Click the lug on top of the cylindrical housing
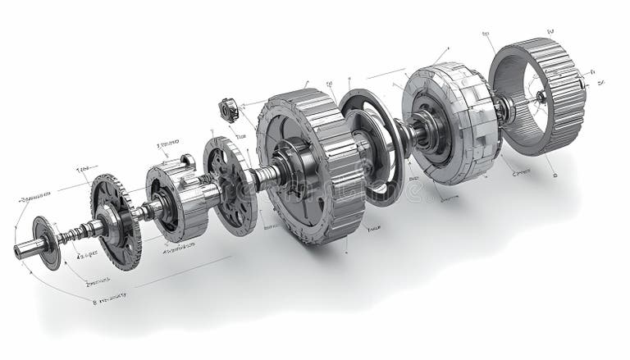[x=187, y=160]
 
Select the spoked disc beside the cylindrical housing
[x=229, y=185]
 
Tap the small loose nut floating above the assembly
[x=227, y=109]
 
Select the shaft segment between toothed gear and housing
[x=146, y=211]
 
